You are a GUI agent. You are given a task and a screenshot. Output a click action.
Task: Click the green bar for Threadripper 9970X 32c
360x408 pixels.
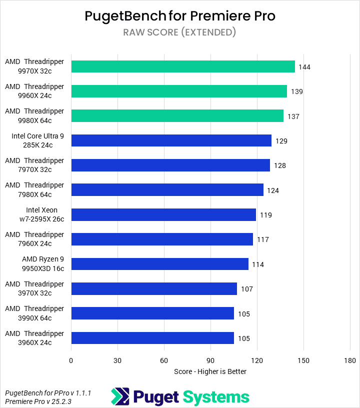point(183,66)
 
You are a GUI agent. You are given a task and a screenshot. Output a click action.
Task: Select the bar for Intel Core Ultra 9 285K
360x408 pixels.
point(171,140)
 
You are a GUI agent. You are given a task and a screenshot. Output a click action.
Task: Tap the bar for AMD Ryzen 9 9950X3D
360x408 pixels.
point(159,264)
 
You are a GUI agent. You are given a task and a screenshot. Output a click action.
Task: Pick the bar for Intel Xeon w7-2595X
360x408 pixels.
point(163,215)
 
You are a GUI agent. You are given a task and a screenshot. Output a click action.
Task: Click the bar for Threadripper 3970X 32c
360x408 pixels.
point(154,288)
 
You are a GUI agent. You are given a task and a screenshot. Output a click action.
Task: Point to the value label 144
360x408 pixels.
point(304,67)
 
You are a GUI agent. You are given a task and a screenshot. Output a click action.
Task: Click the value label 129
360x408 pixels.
point(281,141)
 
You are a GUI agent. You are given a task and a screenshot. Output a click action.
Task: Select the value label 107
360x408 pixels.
point(246,289)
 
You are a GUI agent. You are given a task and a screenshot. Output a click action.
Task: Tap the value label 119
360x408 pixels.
point(265,215)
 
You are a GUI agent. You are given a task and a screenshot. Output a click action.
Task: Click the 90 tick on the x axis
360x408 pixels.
point(210,360)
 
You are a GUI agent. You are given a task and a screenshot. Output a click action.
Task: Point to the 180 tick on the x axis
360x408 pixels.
point(349,360)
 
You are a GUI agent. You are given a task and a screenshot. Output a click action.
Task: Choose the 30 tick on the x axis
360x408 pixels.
point(117,360)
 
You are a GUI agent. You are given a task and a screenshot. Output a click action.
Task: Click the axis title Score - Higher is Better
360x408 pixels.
point(210,371)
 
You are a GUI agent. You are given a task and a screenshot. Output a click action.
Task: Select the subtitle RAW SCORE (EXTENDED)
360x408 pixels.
point(179,32)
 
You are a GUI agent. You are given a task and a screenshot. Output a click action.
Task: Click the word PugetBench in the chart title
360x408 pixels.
point(125,16)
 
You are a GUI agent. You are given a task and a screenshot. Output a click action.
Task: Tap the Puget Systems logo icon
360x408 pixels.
point(120,396)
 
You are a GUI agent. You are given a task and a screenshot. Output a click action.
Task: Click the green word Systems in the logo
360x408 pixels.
point(215,397)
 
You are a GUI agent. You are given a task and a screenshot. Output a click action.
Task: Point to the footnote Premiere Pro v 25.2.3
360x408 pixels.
point(37,401)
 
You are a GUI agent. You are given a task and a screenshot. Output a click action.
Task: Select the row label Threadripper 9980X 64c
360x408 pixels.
point(34,115)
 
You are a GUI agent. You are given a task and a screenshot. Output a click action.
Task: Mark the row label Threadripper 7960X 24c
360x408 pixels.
point(34,239)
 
